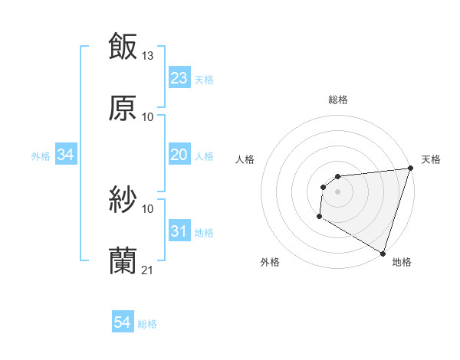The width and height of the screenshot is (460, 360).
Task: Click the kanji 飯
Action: pyautogui.click(x=123, y=45)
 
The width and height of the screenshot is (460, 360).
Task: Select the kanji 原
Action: pyautogui.click(x=123, y=108)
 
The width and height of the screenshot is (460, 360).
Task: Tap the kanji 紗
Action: pyautogui.click(x=123, y=200)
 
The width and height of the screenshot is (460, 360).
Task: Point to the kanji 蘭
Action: pyautogui.click(x=123, y=261)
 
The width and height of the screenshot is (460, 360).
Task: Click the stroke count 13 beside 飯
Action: pyautogui.click(x=148, y=55)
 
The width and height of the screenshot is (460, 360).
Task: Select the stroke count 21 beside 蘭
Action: pyautogui.click(x=148, y=270)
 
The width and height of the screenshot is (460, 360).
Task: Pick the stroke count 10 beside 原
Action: pyautogui.click(x=148, y=117)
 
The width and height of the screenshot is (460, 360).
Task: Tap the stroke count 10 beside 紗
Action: pyautogui.click(x=148, y=208)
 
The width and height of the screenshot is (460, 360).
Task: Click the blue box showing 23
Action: pyautogui.click(x=179, y=78)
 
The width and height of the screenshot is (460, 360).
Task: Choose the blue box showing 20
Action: pyautogui.click(x=179, y=155)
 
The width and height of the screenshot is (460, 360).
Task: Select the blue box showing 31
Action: pyautogui.click(x=179, y=231)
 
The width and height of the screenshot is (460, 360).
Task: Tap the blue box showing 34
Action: pyautogui.click(x=66, y=155)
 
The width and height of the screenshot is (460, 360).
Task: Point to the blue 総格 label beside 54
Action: pyautogui.click(x=147, y=324)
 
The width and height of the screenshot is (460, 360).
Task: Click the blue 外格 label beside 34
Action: pyautogui.click(x=41, y=155)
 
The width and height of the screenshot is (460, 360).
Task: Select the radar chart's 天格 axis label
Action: pyautogui.click(x=431, y=159)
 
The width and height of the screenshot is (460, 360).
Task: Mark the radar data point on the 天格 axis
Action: pyautogui.click(x=410, y=169)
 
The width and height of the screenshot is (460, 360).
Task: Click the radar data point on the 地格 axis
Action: pyautogui.click(x=383, y=253)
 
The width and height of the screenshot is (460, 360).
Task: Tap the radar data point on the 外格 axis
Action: pyautogui.click(x=319, y=217)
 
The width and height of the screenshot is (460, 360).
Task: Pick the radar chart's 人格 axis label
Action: pyautogui.click(x=245, y=159)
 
